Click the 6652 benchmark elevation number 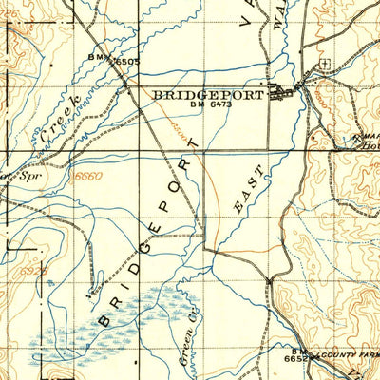click(296, 359)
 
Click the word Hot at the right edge click(369, 148)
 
